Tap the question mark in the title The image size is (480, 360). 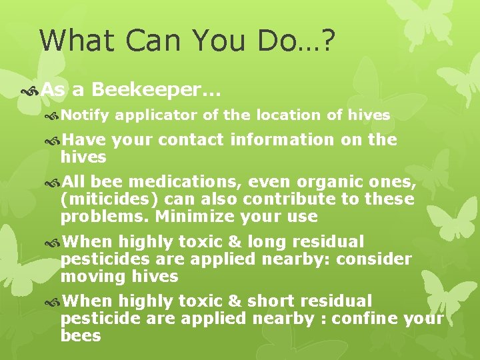tap(327, 41)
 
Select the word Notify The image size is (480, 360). tap(85, 115)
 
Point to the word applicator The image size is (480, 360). tap(156, 115)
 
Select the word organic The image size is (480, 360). tap(331, 182)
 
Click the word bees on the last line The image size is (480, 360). tap(80, 336)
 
